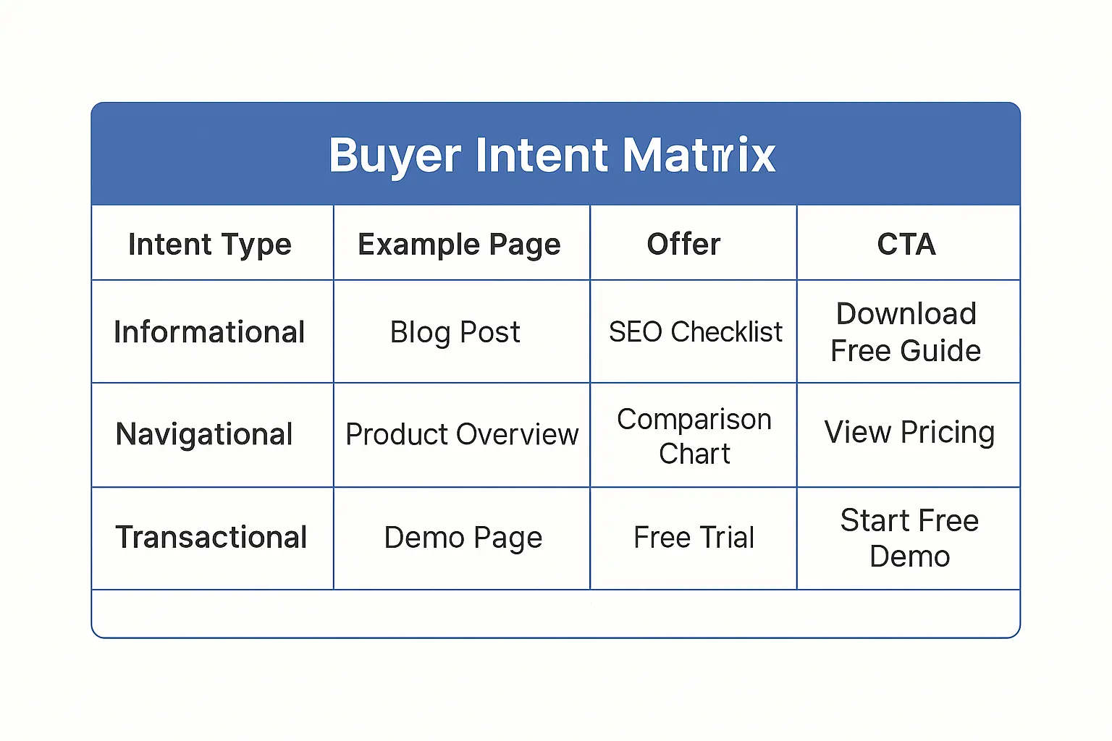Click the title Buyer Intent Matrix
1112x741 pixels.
pyautogui.click(x=552, y=155)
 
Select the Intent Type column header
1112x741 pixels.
pyautogui.click(x=210, y=245)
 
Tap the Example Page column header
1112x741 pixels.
pyautogui.click(x=459, y=245)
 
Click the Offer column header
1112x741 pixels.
pyautogui.click(x=684, y=245)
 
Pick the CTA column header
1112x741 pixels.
pyautogui.click(x=906, y=245)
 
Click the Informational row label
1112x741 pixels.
pyautogui.click(x=210, y=332)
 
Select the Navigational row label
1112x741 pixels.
pyautogui.click(x=204, y=435)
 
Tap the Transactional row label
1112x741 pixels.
pyautogui.click(x=211, y=538)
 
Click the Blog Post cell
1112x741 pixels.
pyautogui.click(x=455, y=332)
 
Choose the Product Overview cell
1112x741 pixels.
pyautogui.click(x=462, y=435)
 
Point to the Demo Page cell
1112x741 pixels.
pyautogui.click(x=463, y=538)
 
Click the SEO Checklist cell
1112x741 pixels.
pyautogui.click(x=695, y=332)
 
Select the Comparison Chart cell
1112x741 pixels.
pyautogui.click(x=694, y=436)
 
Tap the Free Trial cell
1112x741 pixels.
pyautogui.click(x=694, y=538)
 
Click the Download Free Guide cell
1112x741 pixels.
pyautogui.click(x=906, y=332)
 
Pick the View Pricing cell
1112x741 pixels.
pyautogui.click(x=909, y=433)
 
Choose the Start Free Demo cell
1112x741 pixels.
pyautogui.click(x=909, y=538)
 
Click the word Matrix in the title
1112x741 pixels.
pyautogui.click(x=699, y=155)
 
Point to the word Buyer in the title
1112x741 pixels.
pyautogui.click(x=395, y=155)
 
